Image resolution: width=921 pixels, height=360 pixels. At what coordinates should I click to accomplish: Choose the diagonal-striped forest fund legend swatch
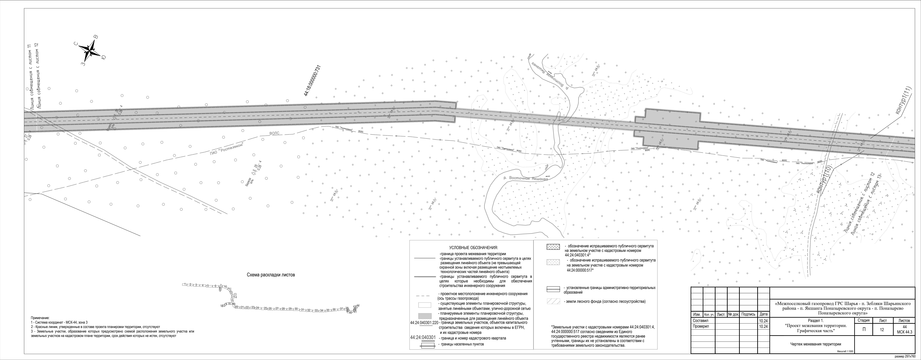[x=553, y=301]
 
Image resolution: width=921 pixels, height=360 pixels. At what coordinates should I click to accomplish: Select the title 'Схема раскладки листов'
[x=271, y=275]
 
